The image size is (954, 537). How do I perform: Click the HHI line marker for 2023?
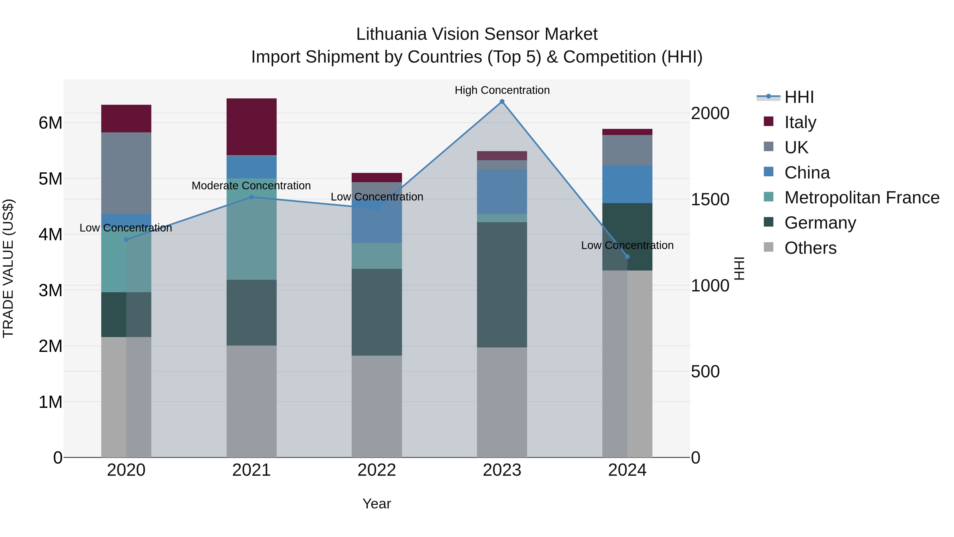coord(502,102)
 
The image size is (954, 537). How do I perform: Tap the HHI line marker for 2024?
coord(627,256)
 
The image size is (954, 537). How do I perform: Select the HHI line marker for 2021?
coord(251,197)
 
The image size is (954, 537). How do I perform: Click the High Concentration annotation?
coord(502,90)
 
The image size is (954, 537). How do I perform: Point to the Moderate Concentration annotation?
coord(251,186)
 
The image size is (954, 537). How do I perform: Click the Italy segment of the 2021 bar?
coord(251,127)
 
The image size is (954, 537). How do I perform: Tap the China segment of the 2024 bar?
coord(627,184)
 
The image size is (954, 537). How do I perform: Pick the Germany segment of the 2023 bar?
coord(502,285)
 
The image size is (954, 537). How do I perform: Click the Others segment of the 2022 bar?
coord(377,406)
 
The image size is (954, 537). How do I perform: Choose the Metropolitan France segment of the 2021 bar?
coord(251,229)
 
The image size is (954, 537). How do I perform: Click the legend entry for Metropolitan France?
coord(862,198)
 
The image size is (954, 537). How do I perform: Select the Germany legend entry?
coord(820,223)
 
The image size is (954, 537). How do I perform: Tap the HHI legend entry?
coord(799,97)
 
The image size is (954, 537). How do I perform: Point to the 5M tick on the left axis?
coord(50,179)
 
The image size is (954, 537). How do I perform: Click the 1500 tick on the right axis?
coord(710,199)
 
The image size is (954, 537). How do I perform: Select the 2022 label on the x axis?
coord(377,470)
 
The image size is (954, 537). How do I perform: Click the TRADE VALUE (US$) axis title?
coord(8,268)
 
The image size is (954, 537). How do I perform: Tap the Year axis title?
coord(377,504)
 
